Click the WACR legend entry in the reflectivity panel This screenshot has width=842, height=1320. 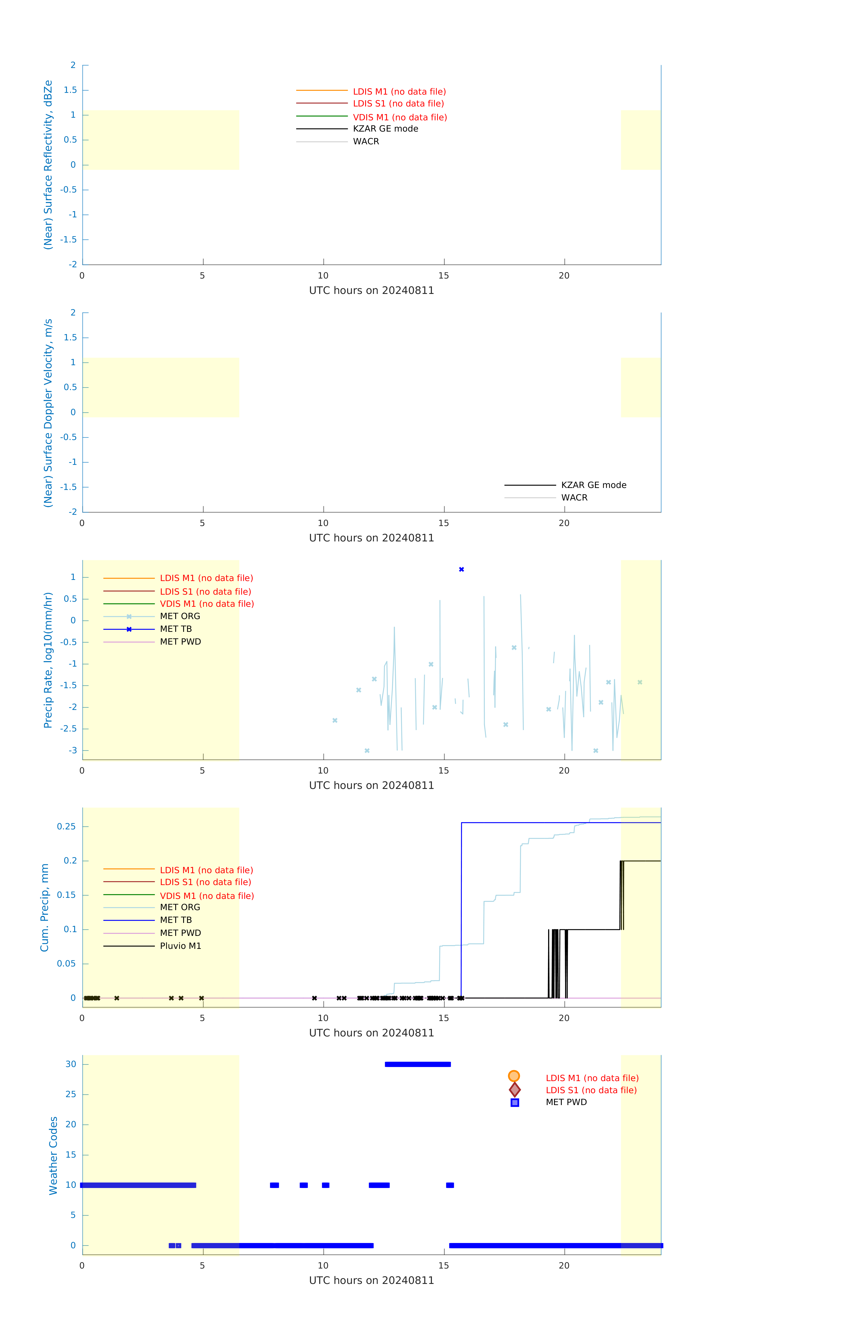click(366, 141)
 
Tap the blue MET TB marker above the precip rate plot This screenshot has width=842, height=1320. click(461, 570)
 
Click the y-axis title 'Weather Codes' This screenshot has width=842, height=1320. click(53, 1155)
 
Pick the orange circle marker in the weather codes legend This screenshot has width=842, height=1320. click(514, 1076)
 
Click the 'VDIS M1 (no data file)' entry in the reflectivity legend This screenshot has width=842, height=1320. click(400, 117)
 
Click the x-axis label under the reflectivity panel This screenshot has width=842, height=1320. click(371, 291)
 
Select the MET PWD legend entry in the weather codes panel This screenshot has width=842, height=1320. click(566, 1102)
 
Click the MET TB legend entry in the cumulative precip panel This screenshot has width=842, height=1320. click(175, 920)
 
